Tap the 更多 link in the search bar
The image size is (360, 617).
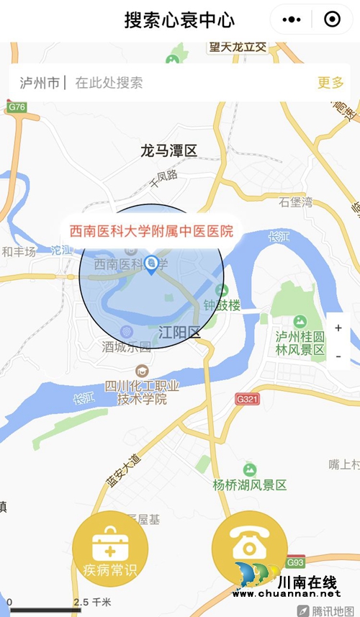point(330,83)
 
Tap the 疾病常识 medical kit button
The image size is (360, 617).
point(110,549)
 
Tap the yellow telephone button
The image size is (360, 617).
point(249,545)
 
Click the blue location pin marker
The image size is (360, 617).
point(151,265)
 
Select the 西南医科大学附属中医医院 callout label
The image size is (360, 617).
point(151,231)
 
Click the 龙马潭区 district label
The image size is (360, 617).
point(168,150)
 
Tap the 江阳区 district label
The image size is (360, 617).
point(179,332)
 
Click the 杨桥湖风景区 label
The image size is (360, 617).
point(250,485)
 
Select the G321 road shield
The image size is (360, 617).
point(247,397)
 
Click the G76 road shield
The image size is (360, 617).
point(17,107)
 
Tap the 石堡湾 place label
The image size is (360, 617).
point(296,202)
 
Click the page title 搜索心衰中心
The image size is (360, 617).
point(179,19)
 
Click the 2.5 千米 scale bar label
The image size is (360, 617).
point(92,602)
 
